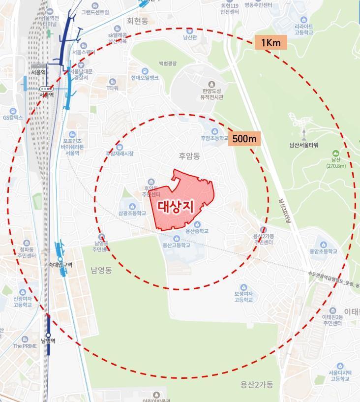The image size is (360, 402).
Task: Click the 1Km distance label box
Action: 270,43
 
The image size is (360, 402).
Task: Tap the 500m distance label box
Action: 244,139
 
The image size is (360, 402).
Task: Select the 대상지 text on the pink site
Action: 176,207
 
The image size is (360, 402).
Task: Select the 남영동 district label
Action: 101,270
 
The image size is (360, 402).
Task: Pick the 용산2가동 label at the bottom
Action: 257,384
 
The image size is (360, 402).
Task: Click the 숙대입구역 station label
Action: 60,265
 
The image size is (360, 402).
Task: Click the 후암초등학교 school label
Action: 215,138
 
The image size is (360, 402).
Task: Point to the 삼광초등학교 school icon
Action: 132,206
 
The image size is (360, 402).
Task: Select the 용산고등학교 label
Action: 176,245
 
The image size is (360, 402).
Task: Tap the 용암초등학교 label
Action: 323,251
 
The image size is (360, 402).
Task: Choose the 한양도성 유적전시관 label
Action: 211,94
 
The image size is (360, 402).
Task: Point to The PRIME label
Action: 25,346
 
